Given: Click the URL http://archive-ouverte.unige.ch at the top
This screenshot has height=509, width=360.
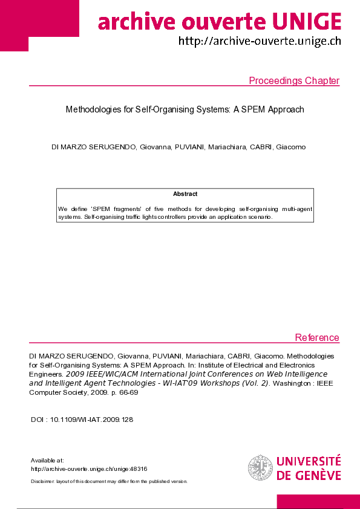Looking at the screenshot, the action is pyautogui.click(x=260, y=41).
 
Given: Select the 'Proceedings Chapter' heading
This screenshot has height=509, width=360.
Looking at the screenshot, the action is pyautogui.click(x=294, y=81).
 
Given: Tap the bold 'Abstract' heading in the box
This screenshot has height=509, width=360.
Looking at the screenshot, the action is pyautogui.click(x=185, y=194).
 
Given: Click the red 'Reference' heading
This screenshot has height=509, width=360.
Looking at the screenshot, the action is pyautogui.click(x=316, y=337).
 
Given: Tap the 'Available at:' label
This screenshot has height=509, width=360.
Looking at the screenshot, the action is pyautogui.click(x=47, y=461).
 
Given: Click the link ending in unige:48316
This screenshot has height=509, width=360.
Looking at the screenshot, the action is pyautogui.click(x=89, y=468).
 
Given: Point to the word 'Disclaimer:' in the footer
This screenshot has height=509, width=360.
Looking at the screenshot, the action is pyautogui.click(x=42, y=482).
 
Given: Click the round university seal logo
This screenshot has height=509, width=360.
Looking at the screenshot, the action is pyautogui.click(x=260, y=468).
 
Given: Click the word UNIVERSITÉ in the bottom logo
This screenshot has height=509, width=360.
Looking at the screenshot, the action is pyautogui.click(x=309, y=462).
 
